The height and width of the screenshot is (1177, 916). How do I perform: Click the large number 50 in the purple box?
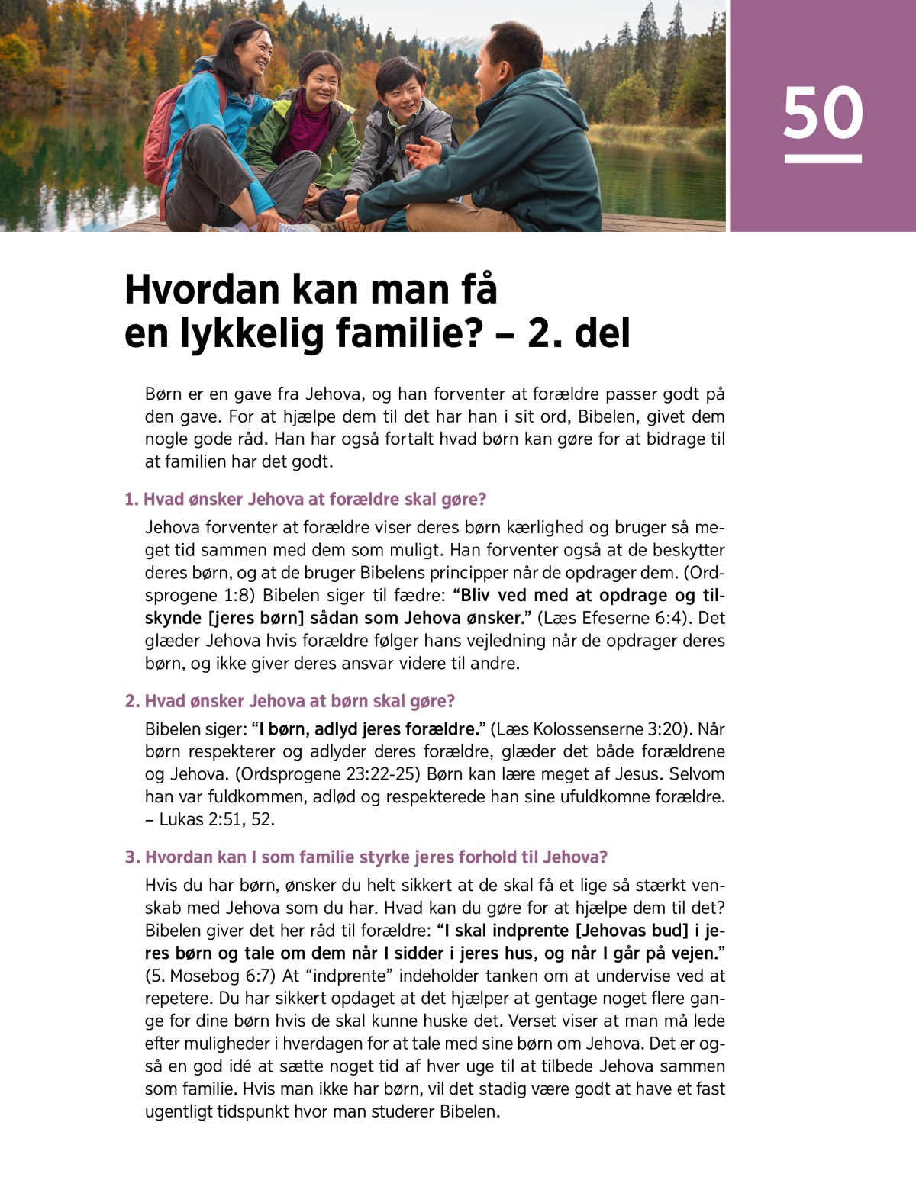823,113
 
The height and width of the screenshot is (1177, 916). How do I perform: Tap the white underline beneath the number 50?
823,159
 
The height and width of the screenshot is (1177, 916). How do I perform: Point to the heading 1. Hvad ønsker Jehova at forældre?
305,500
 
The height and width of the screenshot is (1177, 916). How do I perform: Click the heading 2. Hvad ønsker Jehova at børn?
290,701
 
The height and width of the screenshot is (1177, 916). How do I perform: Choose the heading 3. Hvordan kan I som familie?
366,857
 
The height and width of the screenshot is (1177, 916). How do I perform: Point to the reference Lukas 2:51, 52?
217,819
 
